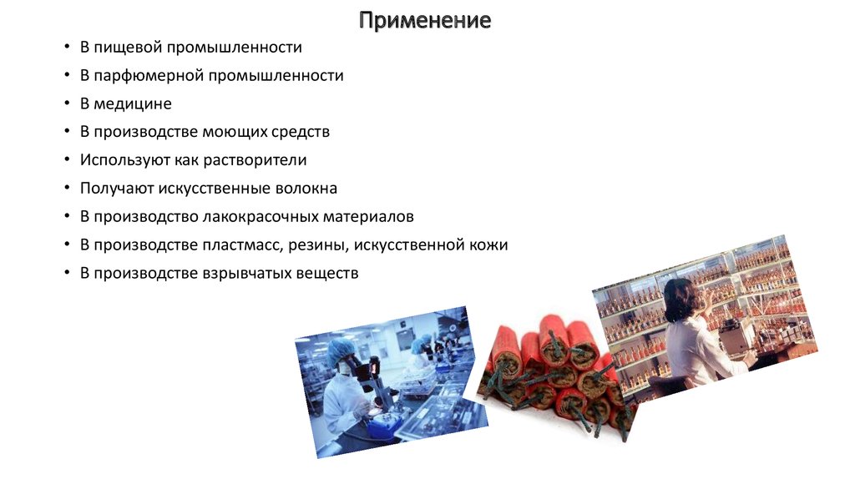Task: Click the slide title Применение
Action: click(x=425, y=20)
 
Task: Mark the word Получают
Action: click(x=114, y=189)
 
